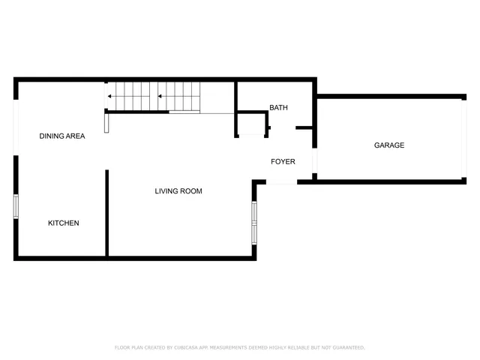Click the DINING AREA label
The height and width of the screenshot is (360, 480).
pyautogui.click(x=62, y=136)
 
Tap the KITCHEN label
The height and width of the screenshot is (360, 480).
pyautogui.click(x=64, y=223)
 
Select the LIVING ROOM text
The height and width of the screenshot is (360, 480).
pyautogui.click(x=178, y=191)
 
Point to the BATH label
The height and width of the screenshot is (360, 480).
pyautogui.click(x=278, y=108)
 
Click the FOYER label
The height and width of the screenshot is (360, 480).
pyautogui.click(x=283, y=161)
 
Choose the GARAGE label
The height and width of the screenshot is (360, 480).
pyautogui.click(x=389, y=145)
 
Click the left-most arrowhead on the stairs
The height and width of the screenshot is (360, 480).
pyautogui.click(x=110, y=96)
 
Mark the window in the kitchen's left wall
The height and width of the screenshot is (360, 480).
pyautogui.click(x=16, y=206)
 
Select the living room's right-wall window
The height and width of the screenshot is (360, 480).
pyautogui.click(x=254, y=223)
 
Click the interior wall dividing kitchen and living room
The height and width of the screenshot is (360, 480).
pyautogui.click(x=107, y=214)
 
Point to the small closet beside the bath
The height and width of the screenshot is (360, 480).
pyautogui.click(x=252, y=124)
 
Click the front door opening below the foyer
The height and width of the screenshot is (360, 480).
pyautogui.click(x=282, y=182)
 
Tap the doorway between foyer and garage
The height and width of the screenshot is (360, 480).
pyautogui.click(x=315, y=161)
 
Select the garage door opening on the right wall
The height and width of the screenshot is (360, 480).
pyautogui.click(x=463, y=139)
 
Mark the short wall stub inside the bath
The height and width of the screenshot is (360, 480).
pyautogui.click(x=304, y=128)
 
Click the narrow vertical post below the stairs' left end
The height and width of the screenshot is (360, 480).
pyautogui.click(x=106, y=122)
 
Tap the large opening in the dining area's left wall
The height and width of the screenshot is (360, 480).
pyautogui.click(x=16, y=127)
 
